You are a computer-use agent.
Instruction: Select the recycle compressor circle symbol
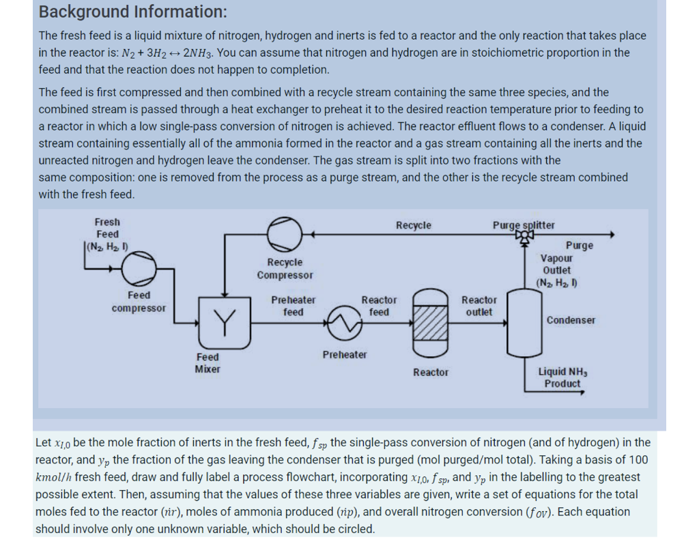tap(282, 233)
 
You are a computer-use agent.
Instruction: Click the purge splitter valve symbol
tap(525, 234)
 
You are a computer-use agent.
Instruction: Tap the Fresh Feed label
tap(107, 228)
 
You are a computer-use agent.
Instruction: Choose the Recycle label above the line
tap(414, 225)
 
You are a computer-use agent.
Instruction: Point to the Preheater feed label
tap(294, 306)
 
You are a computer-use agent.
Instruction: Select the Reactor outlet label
tap(479, 306)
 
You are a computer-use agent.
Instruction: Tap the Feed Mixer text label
tap(208, 363)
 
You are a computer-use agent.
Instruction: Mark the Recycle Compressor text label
tap(285, 269)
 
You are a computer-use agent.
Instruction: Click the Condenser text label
tap(571, 320)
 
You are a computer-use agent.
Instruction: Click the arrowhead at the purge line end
tap(611, 234)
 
